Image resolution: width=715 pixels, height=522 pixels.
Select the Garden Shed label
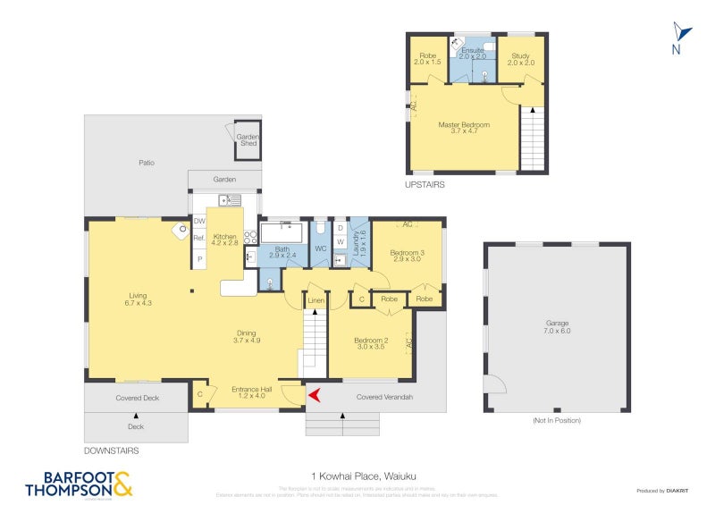coord(248,139)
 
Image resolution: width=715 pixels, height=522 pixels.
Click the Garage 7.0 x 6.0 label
coord(557,326)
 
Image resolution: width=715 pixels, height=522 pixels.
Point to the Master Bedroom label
coord(463,127)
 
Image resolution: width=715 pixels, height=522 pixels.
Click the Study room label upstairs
coord(521,59)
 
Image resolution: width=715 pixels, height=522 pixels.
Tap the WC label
coord(320,249)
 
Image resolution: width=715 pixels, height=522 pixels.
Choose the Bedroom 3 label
coord(407,256)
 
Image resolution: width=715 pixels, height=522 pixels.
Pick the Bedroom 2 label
coord(369,342)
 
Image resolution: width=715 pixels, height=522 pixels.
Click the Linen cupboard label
coord(315,301)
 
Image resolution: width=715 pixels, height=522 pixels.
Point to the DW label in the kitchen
coord(199,222)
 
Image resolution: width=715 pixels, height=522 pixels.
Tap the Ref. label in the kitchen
coord(199,239)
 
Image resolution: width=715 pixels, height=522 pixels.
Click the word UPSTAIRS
coord(424,185)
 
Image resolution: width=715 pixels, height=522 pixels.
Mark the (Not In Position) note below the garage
coord(556,420)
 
